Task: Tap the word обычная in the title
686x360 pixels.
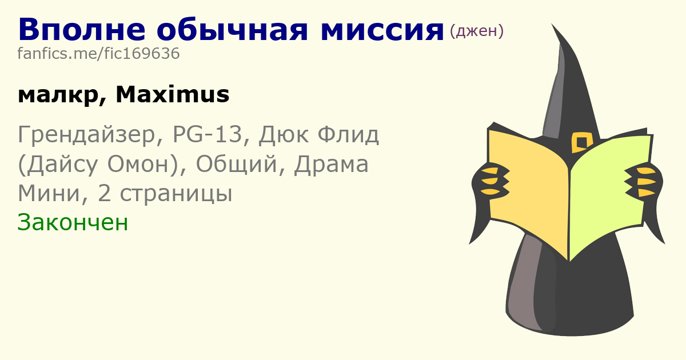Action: coord(232,30)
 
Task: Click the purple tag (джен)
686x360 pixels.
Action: coord(477,31)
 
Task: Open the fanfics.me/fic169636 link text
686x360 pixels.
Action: coord(98,54)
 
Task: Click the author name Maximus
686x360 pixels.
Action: coord(173,95)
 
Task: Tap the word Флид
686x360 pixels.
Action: coord(348,135)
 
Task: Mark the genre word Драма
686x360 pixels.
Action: coord(331,165)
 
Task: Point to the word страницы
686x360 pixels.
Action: coord(176,194)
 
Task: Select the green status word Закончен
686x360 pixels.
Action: coord(73,222)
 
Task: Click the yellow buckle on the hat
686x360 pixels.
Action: coord(581,142)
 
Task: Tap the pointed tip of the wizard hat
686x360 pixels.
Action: coord(552,25)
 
